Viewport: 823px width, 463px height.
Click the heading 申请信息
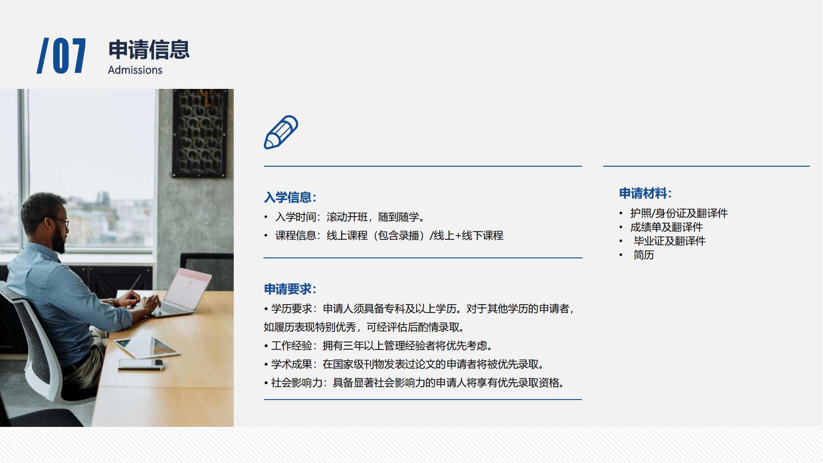click(x=149, y=50)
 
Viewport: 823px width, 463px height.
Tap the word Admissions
click(x=135, y=70)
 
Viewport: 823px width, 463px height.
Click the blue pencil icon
click(x=281, y=132)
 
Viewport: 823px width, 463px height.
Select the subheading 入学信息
click(x=290, y=197)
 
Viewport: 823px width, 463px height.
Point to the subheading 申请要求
click(x=290, y=289)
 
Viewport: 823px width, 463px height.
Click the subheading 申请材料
click(x=645, y=193)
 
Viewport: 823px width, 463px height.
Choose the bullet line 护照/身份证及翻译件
click(x=679, y=213)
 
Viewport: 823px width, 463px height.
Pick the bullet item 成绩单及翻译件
click(x=666, y=227)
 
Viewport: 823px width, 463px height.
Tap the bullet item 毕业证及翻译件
click(x=669, y=241)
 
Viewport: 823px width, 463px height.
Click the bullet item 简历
click(x=643, y=255)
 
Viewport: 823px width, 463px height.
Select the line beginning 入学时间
click(x=350, y=217)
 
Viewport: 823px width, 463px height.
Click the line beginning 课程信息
click(x=389, y=235)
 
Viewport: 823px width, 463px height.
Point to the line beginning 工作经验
click(x=382, y=345)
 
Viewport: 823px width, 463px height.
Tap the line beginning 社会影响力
click(x=417, y=382)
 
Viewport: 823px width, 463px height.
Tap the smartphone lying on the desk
click(x=141, y=364)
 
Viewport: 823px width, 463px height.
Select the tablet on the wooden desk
click(x=146, y=347)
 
